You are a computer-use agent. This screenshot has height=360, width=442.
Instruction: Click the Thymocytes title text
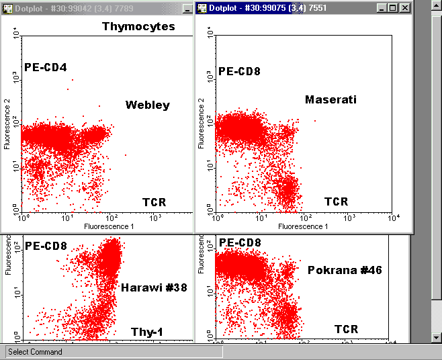(x=138, y=27)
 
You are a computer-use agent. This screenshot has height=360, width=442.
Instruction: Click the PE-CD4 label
(x=46, y=67)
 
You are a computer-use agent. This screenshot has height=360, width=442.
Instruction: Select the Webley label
(x=148, y=105)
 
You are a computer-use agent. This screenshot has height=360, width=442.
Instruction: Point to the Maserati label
(x=330, y=100)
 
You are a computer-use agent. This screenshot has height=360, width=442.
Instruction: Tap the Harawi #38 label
(x=154, y=288)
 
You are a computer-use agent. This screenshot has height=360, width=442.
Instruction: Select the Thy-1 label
(x=148, y=331)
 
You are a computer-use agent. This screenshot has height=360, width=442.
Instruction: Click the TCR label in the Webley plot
(x=154, y=202)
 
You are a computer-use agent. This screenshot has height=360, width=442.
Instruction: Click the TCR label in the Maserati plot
(x=337, y=201)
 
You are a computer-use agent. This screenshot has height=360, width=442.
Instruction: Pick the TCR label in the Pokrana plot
(x=347, y=329)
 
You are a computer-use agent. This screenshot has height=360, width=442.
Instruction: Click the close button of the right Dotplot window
(x=404, y=7)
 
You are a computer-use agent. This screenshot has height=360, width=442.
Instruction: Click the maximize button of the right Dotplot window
(x=393, y=7)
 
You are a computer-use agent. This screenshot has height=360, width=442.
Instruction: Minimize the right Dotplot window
(x=382, y=7)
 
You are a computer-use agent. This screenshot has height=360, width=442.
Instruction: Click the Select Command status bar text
(x=35, y=352)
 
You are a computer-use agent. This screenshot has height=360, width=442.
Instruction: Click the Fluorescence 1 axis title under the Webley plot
(x=109, y=226)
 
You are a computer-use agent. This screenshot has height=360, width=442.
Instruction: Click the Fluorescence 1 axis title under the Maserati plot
(x=303, y=226)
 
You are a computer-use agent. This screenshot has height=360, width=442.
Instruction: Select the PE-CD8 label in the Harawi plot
(x=46, y=246)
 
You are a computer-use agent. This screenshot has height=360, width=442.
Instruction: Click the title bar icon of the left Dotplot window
(x=7, y=7)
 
